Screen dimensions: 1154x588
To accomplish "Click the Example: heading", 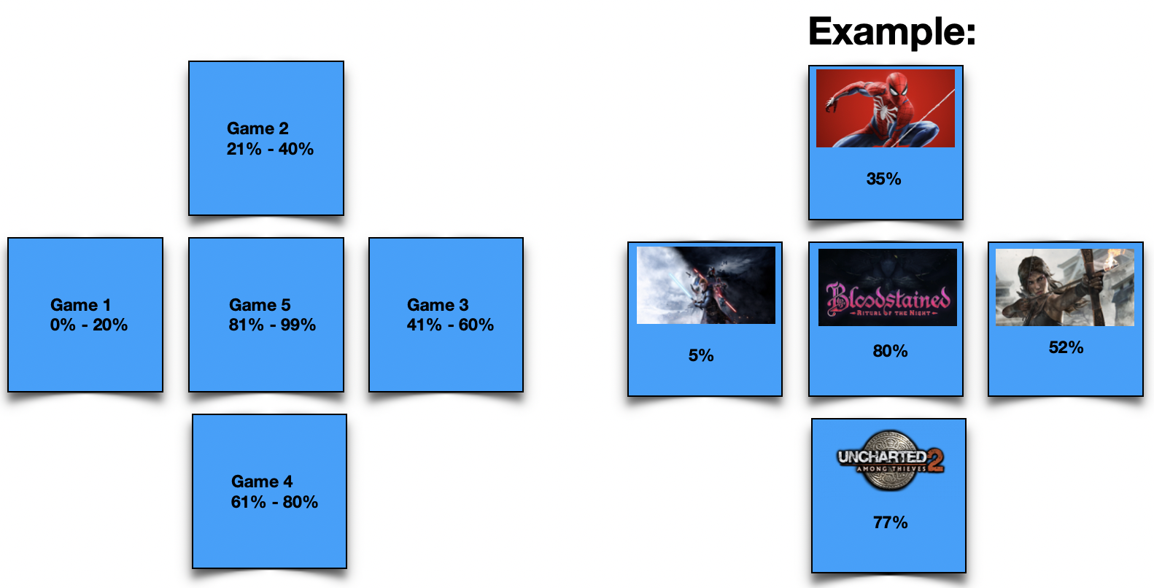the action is [892, 32].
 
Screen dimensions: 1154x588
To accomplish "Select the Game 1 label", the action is [80, 304].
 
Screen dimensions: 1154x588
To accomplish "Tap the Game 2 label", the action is [257, 128].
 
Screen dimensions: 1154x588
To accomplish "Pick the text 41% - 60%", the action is [450, 325].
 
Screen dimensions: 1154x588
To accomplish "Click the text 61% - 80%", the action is [274, 501].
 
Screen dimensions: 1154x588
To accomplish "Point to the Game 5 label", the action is [260, 304].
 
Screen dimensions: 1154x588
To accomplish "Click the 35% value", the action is [883, 179].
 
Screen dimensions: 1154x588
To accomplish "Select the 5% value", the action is [701, 355].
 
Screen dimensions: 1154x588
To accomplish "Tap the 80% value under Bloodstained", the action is [890, 351].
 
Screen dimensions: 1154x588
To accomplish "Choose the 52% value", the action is [1066, 347].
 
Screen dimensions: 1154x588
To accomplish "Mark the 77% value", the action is [890, 522].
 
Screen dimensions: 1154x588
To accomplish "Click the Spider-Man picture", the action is [886, 108].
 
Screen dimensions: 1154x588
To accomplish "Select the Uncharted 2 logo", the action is [891, 460].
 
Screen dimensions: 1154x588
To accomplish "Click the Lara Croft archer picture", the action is [1065, 287].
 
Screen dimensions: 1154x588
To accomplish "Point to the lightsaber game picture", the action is [706, 285].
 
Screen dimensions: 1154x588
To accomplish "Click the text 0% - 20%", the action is [88, 325].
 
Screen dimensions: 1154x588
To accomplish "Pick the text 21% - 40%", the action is [270, 149].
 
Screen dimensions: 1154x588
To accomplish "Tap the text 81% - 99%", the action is [272, 325].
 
